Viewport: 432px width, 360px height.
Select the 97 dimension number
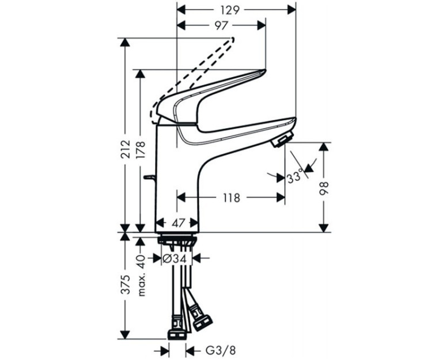pyautogui.click(x=221, y=25)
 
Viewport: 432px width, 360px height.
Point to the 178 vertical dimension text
pyautogui.click(x=141, y=151)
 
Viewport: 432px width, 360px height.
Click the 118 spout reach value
pyautogui.click(x=230, y=198)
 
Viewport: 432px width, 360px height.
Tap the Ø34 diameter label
pyautogui.click(x=175, y=259)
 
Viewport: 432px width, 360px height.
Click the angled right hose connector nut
pyautogui.click(x=201, y=320)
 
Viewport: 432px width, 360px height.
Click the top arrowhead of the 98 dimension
pyautogui.click(x=324, y=146)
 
